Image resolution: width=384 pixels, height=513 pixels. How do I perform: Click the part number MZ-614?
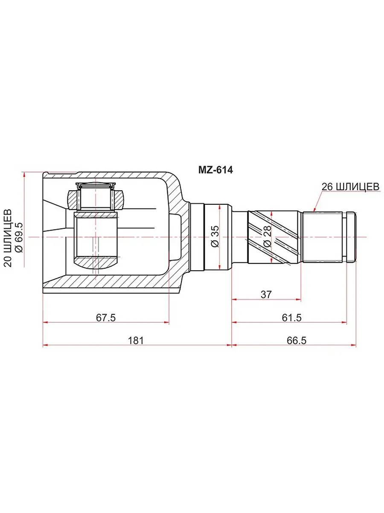pyautogui.click(x=215, y=170)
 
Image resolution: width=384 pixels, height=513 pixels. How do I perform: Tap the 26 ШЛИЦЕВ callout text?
pyautogui.click(x=351, y=187)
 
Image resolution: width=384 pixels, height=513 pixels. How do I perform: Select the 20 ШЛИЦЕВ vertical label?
pyautogui.click(x=8, y=238)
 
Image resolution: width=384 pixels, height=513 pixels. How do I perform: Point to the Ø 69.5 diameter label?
pyautogui.click(x=19, y=237)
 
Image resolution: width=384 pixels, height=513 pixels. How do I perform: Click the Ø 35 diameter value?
pyautogui.click(x=215, y=236)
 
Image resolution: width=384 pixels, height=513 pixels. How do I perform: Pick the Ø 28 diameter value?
pyautogui.click(x=268, y=236)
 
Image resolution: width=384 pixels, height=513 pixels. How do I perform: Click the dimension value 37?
pyautogui.click(x=266, y=295)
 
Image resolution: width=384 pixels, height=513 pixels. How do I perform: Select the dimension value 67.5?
pyautogui.click(x=106, y=318)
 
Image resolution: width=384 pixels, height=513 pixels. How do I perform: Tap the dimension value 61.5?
pyautogui.click(x=292, y=318)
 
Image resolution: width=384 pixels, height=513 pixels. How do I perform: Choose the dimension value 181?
pyautogui.click(x=136, y=341)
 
